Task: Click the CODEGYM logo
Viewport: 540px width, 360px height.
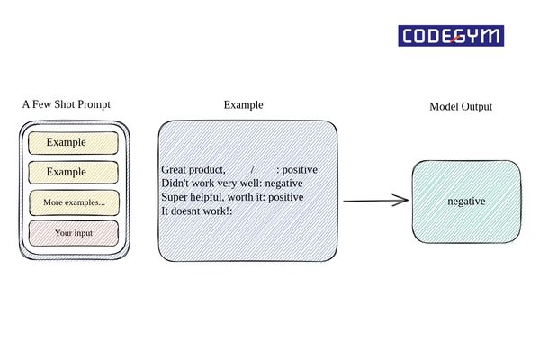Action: coord(451,35)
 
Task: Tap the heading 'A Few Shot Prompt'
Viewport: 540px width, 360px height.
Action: coord(67,104)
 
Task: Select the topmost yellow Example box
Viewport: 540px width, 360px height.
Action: coord(73,143)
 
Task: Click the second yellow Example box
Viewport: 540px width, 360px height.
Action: coord(73,172)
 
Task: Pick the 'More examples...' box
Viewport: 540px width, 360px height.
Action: coord(74,202)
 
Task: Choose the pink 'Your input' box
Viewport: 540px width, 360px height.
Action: coord(74,232)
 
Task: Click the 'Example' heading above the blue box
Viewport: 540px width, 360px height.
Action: coord(243,105)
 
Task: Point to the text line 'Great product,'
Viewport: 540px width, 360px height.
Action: coord(193,169)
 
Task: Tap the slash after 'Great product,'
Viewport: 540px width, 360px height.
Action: coord(253,169)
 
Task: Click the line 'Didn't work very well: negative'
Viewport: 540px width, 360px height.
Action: coord(231,183)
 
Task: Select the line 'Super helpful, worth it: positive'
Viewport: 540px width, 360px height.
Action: coord(232,196)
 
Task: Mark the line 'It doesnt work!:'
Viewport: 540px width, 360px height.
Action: coord(197,210)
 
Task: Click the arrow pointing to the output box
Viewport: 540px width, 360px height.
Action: coord(375,201)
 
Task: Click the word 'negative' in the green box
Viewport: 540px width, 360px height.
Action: coord(466,202)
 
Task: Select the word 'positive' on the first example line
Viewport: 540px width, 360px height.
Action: coord(300,169)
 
